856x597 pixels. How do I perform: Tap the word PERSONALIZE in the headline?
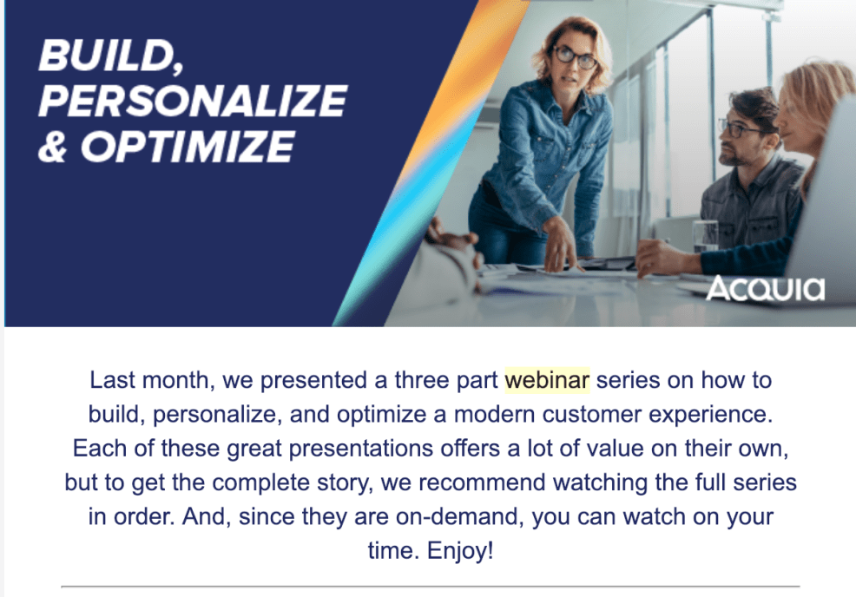(193, 101)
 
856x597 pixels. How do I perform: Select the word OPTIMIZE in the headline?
(188, 147)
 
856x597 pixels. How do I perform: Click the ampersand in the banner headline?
(52, 147)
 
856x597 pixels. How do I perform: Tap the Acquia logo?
(766, 288)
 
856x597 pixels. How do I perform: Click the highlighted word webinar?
(547, 380)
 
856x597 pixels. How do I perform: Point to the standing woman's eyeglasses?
(575, 57)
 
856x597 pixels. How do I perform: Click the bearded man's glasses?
(740, 129)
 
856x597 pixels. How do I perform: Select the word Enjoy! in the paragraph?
(460, 551)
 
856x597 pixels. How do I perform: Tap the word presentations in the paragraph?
(361, 449)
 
